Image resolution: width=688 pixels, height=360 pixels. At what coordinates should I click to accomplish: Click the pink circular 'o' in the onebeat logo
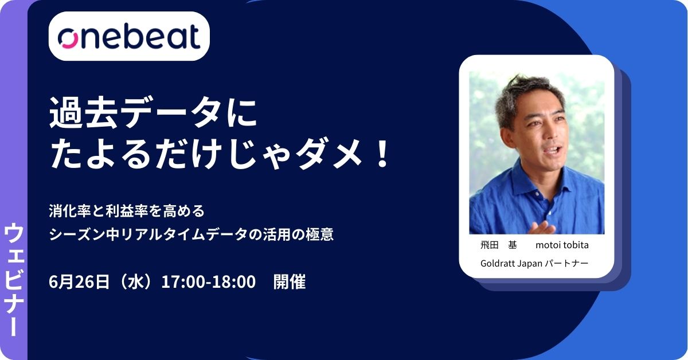(68, 38)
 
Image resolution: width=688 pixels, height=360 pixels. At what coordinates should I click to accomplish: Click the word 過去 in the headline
(83, 112)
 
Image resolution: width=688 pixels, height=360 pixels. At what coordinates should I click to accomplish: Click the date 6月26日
(79, 282)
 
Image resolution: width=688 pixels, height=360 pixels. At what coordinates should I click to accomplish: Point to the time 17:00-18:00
(208, 282)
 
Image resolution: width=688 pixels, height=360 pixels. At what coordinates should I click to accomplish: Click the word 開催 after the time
(290, 282)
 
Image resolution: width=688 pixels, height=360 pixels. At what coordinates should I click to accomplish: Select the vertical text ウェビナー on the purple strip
(14, 280)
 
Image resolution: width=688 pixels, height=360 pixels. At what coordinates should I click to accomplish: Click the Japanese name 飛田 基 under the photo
(498, 245)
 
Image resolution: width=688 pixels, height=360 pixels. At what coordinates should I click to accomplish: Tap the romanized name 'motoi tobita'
(562, 245)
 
